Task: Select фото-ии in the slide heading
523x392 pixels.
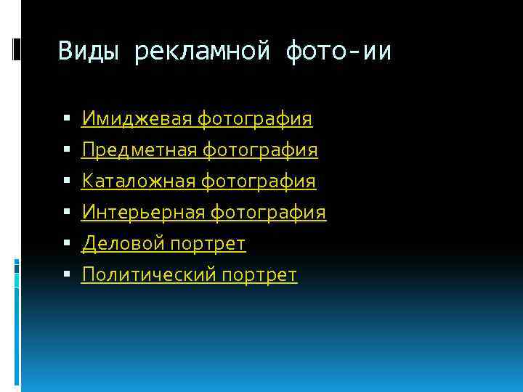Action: click(x=338, y=52)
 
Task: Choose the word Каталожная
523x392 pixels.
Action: click(x=138, y=181)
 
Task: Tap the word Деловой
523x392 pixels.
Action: click(x=122, y=244)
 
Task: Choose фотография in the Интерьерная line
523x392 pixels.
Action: click(x=268, y=213)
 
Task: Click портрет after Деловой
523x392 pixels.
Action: click(x=208, y=244)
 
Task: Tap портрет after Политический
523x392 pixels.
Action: click(x=259, y=275)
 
